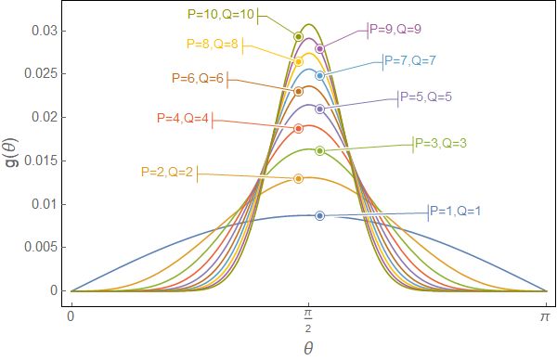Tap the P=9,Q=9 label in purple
pos(396,29)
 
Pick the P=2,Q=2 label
pos(168,172)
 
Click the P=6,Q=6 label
pos(198,79)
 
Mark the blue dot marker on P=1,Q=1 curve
pos(319,215)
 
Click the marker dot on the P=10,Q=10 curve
pos(299,37)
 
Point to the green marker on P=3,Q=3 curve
pos(319,150)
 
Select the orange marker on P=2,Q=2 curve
pos(298,178)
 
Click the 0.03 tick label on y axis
pos(43,31)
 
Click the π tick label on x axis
pos(546,316)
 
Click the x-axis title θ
pos(308,346)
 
